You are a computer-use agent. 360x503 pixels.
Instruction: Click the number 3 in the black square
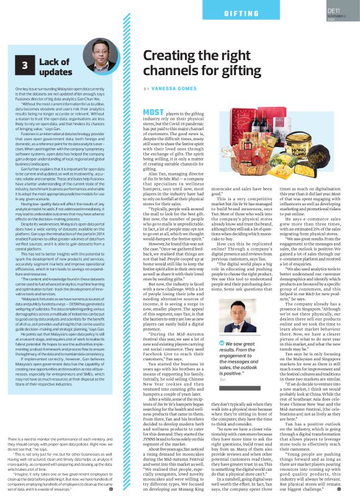(24, 65)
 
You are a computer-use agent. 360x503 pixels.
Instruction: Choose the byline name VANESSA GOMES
(174, 89)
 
